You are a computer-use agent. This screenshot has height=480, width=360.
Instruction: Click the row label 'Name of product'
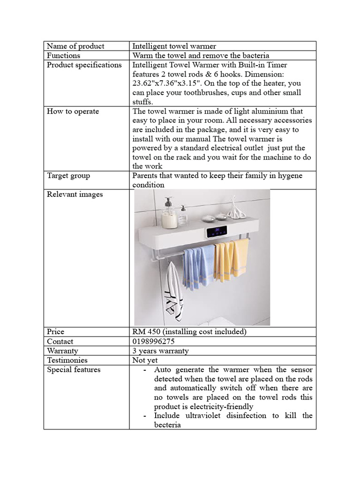75,46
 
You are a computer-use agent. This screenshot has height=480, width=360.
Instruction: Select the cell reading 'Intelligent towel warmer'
174,46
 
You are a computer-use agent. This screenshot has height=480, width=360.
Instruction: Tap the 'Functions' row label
63,55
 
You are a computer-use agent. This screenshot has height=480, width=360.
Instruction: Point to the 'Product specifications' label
84,65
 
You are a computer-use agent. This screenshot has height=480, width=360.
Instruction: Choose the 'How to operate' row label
73,111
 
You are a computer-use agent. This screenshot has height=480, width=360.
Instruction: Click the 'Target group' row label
68,176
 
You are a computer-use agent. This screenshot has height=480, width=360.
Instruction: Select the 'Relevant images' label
75,194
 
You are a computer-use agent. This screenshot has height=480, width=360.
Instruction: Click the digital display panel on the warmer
217,231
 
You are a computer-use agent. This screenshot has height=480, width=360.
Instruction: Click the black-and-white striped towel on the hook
173,293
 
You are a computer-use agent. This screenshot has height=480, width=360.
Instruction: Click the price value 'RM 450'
146,332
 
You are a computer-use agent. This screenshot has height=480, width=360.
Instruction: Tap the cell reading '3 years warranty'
160,351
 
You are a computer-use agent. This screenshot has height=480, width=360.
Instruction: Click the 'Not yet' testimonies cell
145,360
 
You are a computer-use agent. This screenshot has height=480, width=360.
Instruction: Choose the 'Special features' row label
74,369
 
